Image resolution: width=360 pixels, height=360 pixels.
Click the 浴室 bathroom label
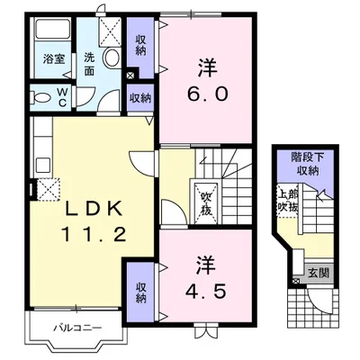coord(54,58)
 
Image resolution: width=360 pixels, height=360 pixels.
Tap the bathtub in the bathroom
coord(53,29)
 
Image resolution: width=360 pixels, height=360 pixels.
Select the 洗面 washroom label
coord(89,64)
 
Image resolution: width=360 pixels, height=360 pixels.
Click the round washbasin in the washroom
coord(112,57)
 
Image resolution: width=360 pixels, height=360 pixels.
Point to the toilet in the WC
coord(41,97)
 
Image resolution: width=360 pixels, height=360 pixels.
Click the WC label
coord(62,97)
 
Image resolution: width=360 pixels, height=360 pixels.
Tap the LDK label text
coord(94,209)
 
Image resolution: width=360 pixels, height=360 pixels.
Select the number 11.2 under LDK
coord(94,234)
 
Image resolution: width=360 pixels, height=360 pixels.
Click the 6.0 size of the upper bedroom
coord(208,94)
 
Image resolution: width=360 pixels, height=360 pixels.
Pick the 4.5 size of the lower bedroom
coord(206,291)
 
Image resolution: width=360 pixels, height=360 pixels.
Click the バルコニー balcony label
coord(77,328)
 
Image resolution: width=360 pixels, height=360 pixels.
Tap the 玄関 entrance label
coord(319,273)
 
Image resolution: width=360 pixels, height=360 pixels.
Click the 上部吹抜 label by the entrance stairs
coord(287,201)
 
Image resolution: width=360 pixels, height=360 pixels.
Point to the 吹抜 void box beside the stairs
coord(207,202)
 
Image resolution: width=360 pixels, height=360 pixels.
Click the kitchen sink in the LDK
coord(44,165)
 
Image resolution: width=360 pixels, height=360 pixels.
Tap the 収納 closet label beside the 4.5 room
coord(140,292)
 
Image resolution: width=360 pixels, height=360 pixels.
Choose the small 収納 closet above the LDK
coord(140,99)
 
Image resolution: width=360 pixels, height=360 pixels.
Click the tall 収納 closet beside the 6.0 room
coord(140,46)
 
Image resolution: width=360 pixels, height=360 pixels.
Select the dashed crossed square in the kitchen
coord(48,189)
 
